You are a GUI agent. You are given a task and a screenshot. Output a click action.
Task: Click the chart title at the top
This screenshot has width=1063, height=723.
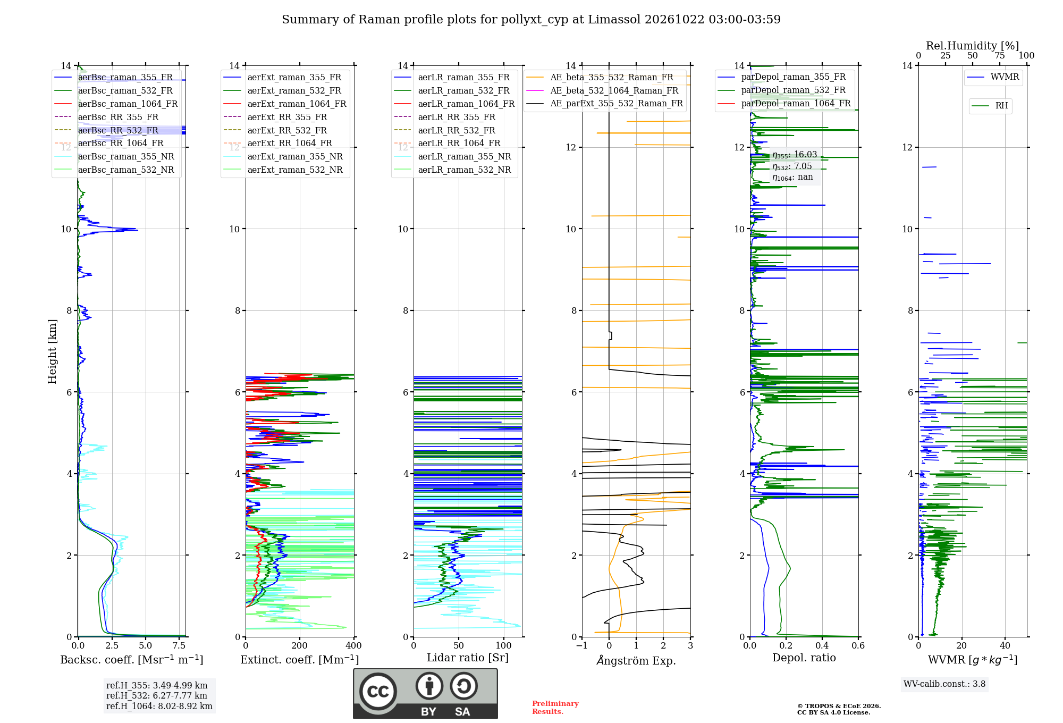point(531,20)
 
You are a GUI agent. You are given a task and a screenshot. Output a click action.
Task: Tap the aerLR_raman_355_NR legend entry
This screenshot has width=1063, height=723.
point(452,156)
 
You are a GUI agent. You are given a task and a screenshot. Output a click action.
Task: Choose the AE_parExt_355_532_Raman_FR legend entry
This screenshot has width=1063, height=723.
point(605,103)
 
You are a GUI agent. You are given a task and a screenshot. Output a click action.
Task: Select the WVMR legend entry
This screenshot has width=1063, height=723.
point(993,77)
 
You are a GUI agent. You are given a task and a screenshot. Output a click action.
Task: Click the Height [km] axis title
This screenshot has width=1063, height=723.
point(52,351)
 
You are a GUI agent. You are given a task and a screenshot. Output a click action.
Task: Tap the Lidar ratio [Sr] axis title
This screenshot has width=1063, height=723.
point(468,658)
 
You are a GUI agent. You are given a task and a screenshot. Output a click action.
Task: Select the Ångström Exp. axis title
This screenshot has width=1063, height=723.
point(636,660)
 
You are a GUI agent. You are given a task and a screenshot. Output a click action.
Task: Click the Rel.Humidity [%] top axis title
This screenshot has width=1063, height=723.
point(973,46)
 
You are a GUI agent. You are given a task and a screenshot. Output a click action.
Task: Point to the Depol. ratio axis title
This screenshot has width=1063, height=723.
point(804,658)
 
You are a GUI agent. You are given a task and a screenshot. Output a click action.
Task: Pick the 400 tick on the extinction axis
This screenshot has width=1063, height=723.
point(354,645)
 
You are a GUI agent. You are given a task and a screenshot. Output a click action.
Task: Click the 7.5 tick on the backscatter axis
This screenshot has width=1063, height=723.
point(179,645)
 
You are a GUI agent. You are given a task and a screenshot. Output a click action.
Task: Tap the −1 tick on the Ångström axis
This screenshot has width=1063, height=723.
point(582,645)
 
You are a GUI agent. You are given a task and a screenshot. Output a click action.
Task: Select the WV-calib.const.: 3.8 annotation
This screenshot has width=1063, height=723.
point(944,684)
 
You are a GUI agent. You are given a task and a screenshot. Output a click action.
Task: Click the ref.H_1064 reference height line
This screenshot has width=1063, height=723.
point(159,706)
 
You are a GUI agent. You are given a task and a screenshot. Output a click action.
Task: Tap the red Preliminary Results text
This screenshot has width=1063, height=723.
point(555,707)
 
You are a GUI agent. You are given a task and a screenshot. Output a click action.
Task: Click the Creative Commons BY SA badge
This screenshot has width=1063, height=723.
point(426,694)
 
